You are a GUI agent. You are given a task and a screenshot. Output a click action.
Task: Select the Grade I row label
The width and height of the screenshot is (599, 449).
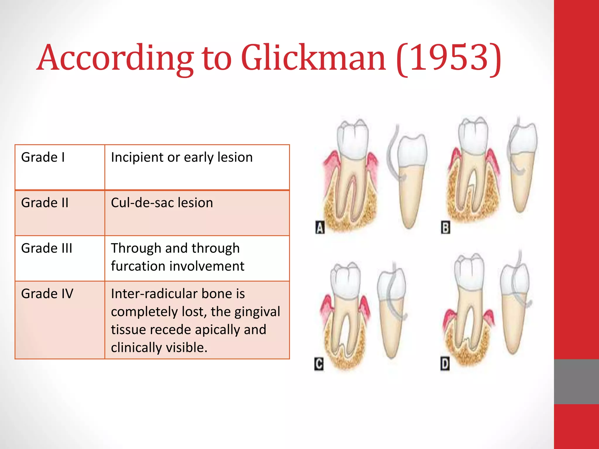pos(43,157)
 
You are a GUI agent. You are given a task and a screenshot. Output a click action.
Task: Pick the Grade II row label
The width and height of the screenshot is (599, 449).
pos(45,203)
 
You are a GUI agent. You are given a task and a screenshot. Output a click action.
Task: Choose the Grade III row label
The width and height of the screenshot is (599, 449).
pos(47,248)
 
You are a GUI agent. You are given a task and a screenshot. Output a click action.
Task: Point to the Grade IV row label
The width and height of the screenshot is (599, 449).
pos(47,293)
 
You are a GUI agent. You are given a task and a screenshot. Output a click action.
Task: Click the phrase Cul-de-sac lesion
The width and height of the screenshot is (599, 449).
pos(162,203)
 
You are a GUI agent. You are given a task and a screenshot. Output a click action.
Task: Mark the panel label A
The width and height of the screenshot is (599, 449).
pos(320,228)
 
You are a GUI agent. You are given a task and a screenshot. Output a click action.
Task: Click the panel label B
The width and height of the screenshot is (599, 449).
pos(445,228)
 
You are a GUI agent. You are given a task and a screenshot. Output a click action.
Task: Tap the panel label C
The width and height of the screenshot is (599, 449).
pos(319,364)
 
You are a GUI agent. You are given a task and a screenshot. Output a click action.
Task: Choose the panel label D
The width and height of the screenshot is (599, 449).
pos(445,364)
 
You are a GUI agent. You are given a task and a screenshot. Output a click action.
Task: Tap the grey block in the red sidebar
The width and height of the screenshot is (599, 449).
pos(576,381)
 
